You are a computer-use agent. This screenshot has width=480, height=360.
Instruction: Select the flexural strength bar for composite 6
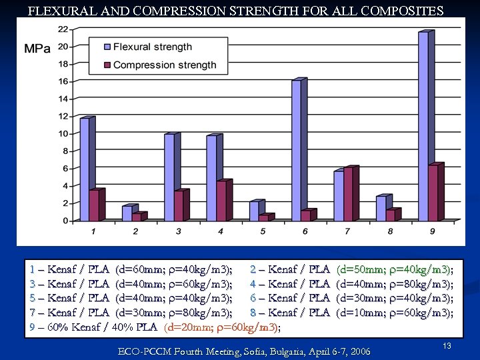(296, 150)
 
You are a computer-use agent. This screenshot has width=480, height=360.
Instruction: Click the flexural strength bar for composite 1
(84, 169)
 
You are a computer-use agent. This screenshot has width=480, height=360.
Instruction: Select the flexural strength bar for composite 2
(127, 213)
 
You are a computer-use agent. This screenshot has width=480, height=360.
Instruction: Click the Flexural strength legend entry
(152, 47)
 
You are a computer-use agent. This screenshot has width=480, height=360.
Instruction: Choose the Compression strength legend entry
(164, 65)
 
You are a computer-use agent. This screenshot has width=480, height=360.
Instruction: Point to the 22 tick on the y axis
(62, 29)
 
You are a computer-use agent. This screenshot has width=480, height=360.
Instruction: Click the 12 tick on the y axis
(62, 117)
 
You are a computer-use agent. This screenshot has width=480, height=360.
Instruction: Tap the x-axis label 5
(263, 231)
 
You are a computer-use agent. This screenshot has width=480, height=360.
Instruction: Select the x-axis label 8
(390, 231)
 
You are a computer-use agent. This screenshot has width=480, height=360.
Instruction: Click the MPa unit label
(37, 49)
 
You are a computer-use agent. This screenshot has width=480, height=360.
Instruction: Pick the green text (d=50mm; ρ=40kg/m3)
(394, 269)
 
